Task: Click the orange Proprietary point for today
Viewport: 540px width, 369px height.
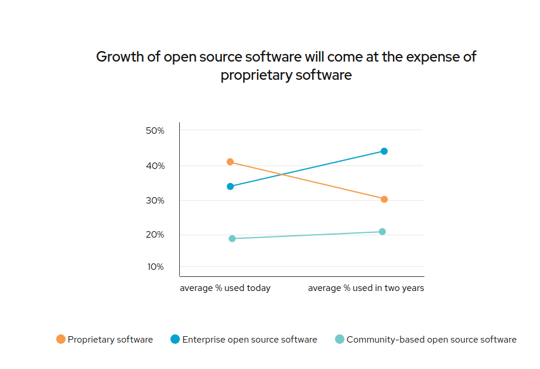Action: point(230,162)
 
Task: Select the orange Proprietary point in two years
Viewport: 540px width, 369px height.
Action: point(384,199)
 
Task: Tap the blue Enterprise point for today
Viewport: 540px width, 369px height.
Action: point(230,187)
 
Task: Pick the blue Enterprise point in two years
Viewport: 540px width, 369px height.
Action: point(384,151)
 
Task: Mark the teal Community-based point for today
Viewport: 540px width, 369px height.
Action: point(232,239)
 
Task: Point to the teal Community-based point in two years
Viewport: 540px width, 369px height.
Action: point(382,232)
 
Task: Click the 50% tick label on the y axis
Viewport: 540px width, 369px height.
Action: point(155,130)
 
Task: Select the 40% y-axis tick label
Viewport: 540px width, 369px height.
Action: point(155,166)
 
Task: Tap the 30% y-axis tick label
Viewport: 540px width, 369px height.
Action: point(155,201)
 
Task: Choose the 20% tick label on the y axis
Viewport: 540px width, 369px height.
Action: point(155,235)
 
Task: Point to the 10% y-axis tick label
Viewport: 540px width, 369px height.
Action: point(155,267)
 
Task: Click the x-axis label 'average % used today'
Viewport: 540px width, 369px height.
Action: point(225,288)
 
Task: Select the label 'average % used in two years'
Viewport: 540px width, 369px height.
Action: point(366,288)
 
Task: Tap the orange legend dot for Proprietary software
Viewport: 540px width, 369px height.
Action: point(61,339)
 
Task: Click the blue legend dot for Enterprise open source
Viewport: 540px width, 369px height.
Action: point(175,339)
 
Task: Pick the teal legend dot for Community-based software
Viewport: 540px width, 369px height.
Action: point(340,339)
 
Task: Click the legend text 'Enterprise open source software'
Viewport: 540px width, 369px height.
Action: point(250,339)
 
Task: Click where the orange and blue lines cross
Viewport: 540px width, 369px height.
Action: point(284,174)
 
